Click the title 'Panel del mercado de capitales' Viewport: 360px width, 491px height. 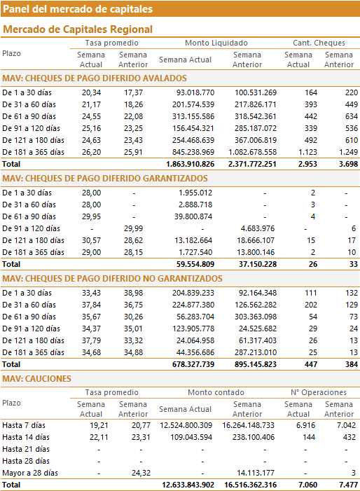(78, 9)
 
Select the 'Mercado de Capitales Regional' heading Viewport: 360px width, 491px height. (78, 29)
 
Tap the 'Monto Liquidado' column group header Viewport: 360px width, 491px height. (216, 43)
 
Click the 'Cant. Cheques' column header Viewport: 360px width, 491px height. (319, 43)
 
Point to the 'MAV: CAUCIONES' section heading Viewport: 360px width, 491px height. (36, 379)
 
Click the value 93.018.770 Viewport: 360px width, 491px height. (193, 92)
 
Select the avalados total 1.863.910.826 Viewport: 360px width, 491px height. (190, 164)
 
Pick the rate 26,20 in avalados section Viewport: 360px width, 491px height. (92, 152)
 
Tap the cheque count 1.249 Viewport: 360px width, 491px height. (348, 152)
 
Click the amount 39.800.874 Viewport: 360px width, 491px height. (193, 216)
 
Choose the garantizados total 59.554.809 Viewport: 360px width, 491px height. (195, 264)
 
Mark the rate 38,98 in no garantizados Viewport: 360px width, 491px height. (133, 293)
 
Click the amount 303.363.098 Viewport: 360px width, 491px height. (256, 317)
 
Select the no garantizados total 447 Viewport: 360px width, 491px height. (311, 364)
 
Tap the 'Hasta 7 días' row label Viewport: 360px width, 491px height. (24, 426)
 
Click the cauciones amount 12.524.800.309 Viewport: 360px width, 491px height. (186, 426)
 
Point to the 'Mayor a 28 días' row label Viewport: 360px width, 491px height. (30, 473)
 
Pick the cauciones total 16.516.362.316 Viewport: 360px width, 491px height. (250, 485)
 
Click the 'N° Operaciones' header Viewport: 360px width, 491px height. (319, 392)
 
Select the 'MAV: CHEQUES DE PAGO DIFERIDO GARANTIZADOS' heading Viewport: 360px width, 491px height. (105, 179)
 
